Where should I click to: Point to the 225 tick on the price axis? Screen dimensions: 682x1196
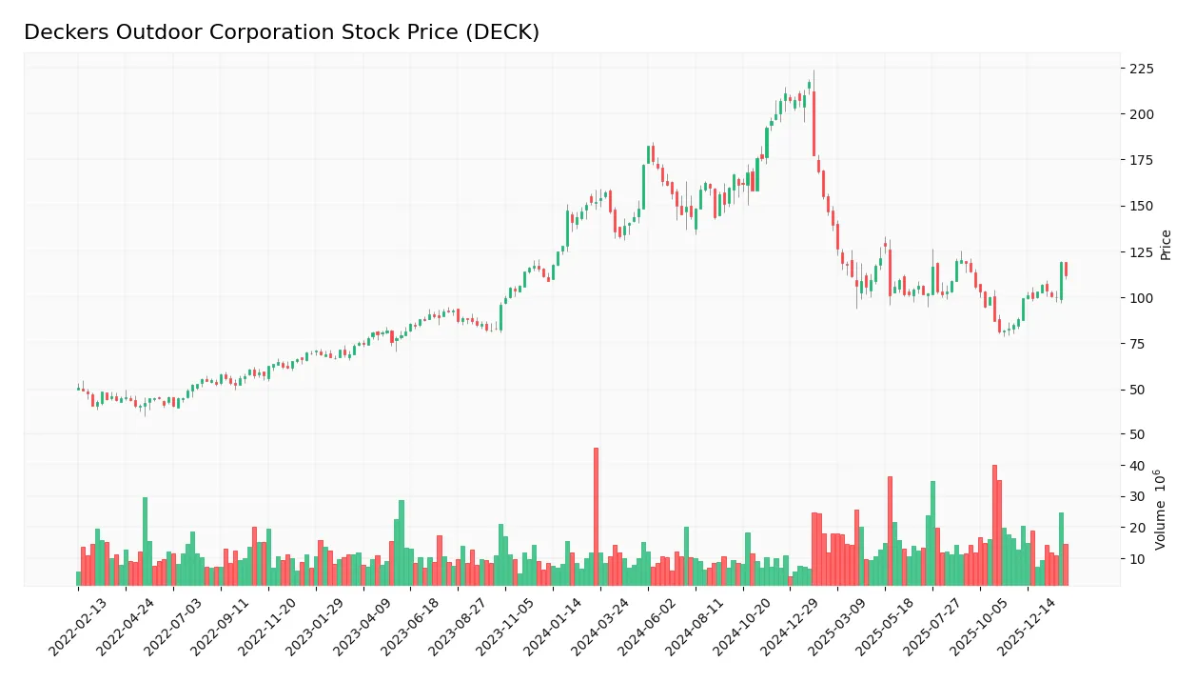tap(1142, 69)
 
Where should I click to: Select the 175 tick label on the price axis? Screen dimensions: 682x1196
tap(1142, 160)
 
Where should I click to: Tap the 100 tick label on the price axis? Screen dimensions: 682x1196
tap(1142, 298)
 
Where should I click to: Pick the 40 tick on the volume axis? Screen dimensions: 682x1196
tap(1138, 466)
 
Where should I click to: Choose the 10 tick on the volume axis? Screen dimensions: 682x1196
tap(1138, 559)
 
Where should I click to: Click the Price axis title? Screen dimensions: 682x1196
tap(1166, 245)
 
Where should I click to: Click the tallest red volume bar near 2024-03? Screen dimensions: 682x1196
tap(596, 516)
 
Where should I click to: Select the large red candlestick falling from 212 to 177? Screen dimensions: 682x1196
tap(814, 124)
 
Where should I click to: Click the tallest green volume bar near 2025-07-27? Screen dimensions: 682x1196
tap(932, 532)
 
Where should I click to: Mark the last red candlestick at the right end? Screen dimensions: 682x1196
tap(1066, 270)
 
